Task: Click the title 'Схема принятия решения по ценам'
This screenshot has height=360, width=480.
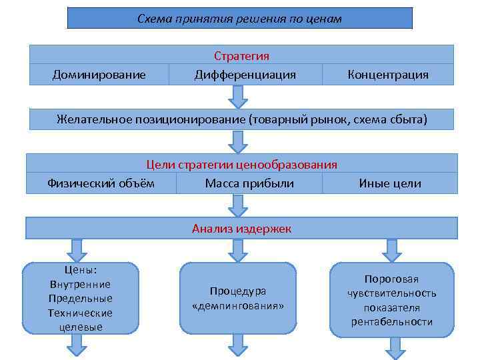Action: click(239, 19)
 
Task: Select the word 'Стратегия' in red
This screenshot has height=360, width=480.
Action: click(241, 56)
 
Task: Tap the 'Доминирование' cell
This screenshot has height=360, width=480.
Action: click(99, 75)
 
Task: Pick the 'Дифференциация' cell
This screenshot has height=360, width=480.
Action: click(245, 75)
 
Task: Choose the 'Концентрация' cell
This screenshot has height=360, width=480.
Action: click(387, 75)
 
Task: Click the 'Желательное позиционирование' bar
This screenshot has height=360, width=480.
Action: click(241, 119)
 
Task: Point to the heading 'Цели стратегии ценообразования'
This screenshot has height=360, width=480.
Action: click(241, 164)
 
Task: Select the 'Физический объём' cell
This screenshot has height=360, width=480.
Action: click(101, 183)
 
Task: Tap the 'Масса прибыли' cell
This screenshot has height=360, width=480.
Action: click(249, 183)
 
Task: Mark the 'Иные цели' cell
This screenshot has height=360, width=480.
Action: click(389, 183)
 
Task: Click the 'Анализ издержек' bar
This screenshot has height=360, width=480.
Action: click(241, 229)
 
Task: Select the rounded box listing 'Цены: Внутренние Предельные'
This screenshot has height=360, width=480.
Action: click(80, 298)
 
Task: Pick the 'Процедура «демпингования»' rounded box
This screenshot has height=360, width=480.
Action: click(237, 298)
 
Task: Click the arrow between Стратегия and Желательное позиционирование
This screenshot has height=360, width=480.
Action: click(237, 97)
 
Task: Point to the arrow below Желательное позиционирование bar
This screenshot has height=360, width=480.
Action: click(237, 141)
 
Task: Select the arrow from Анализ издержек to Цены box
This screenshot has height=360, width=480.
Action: click(77, 250)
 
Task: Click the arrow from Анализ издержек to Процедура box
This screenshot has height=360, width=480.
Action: click(237, 250)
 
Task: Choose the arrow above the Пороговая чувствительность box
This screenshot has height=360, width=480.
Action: click(393, 250)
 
